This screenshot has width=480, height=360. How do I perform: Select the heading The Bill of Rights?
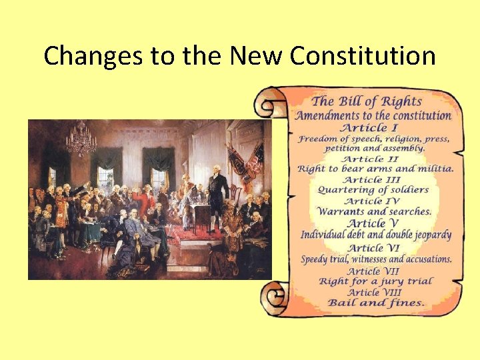click(367, 101)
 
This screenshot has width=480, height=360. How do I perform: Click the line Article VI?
click(374, 248)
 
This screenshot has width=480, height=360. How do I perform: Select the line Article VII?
click(374, 271)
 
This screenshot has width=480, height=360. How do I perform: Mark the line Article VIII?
click(374, 292)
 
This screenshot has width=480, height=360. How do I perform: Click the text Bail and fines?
click(375, 303)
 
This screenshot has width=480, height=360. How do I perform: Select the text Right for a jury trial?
click(375, 281)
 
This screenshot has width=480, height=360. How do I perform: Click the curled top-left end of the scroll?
click(270, 105)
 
